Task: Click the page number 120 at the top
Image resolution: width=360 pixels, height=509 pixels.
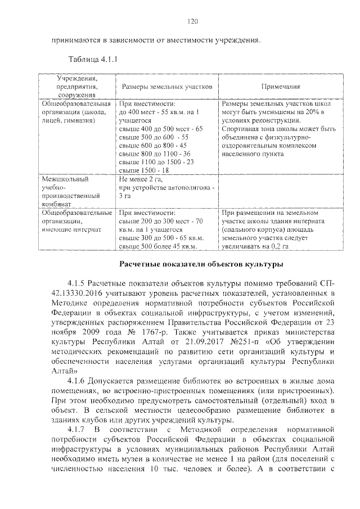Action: pyautogui.click(x=192, y=21)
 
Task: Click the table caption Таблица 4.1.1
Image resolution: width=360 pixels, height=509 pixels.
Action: pyautogui.click(x=92, y=59)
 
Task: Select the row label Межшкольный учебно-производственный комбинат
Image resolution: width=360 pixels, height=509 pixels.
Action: pyautogui.click(x=70, y=192)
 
